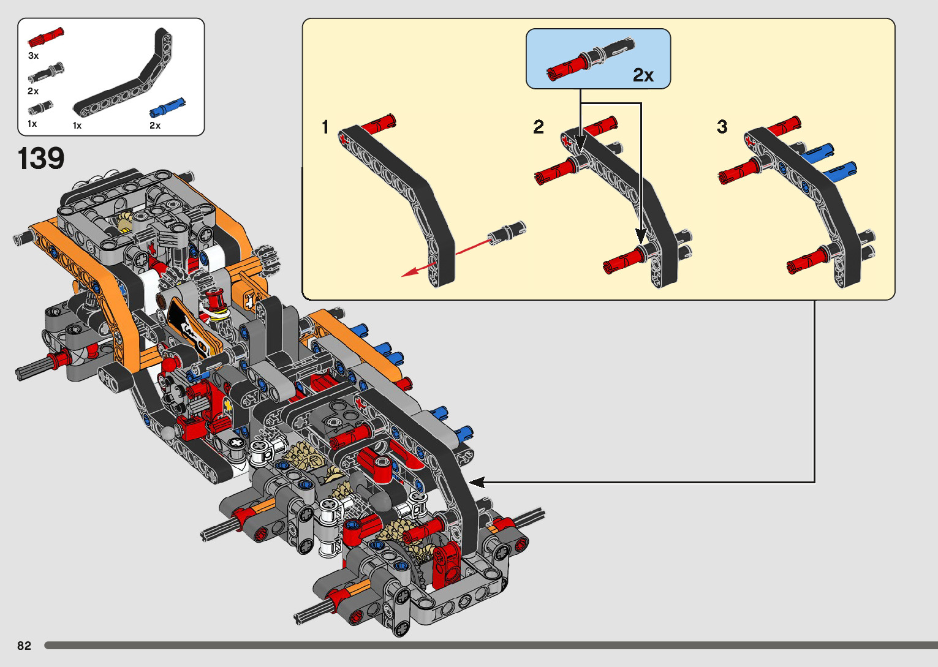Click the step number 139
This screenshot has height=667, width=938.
pos(41,158)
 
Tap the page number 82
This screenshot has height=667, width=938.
pos(25,646)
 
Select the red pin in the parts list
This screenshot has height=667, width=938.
pos(46,37)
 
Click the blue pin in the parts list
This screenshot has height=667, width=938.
pos(167,108)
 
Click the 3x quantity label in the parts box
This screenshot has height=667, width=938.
pos(34,56)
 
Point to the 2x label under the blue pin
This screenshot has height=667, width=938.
pos(155,125)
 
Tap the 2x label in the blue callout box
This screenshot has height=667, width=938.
pos(643,75)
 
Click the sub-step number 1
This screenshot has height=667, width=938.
pos(325,127)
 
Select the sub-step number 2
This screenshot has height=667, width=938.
pos(539,127)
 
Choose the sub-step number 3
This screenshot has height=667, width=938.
pos(722,126)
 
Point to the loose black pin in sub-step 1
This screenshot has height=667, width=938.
pos(507,233)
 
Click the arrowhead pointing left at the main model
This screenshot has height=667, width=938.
pos(477,483)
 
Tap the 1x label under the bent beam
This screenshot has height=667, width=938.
pos(77,125)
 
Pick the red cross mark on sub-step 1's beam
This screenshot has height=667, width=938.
pos(344,138)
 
